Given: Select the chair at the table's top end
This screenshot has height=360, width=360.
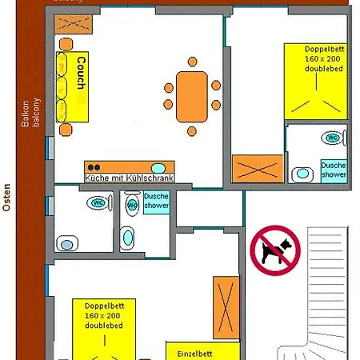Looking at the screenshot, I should [191, 61].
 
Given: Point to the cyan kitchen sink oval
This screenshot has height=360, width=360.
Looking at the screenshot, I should [158, 168].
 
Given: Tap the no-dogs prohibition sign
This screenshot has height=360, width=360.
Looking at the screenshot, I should [274, 249].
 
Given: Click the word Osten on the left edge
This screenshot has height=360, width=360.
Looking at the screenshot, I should [6, 197].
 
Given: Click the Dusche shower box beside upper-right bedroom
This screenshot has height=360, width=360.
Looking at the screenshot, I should [334, 169].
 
